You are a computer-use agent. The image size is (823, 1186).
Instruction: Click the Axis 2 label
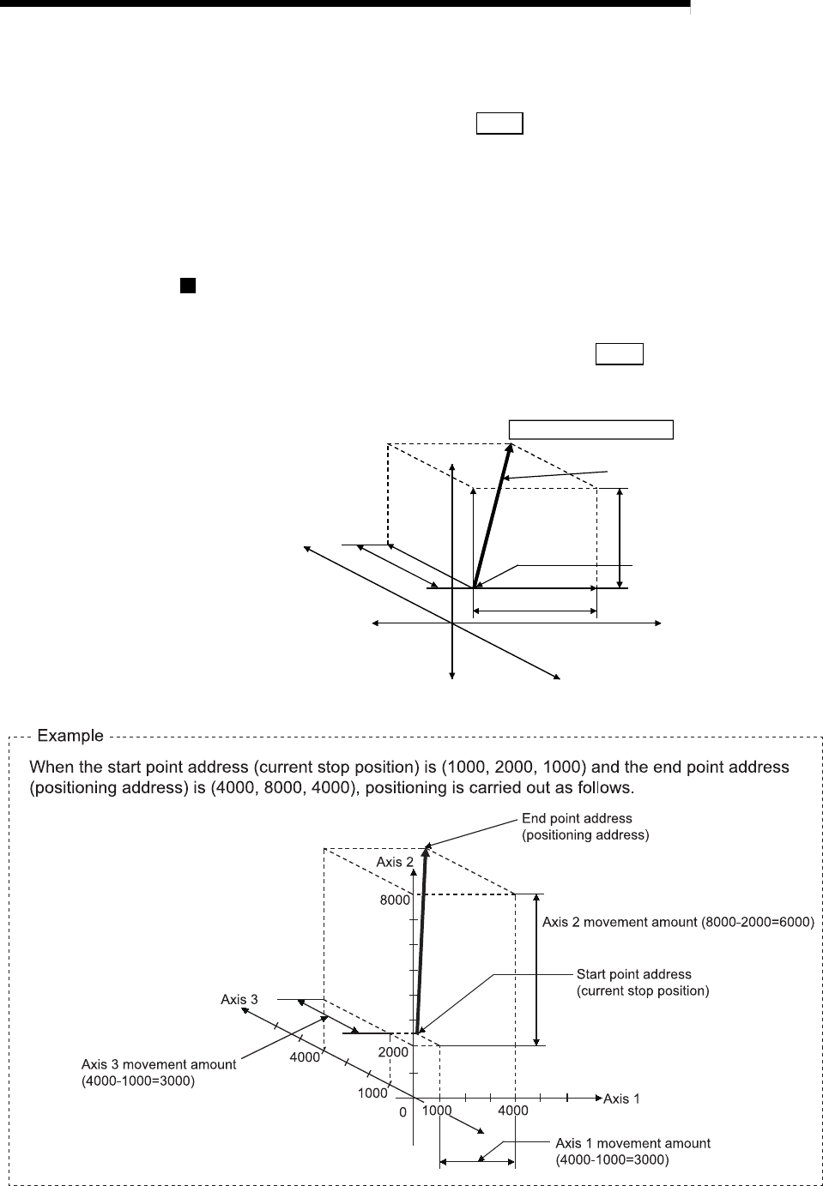(396, 862)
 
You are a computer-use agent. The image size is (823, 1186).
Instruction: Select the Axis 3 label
(239, 999)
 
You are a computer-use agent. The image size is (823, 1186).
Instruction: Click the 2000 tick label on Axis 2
(393, 1051)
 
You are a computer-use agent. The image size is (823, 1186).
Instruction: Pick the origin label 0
(402, 1112)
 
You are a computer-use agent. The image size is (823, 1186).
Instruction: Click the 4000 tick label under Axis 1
(513, 1111)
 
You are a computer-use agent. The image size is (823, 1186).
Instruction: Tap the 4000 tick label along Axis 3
(304, 1057)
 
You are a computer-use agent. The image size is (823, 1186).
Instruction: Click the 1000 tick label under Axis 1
(437, 1111)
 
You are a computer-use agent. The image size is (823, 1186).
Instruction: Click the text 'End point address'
(577, 819)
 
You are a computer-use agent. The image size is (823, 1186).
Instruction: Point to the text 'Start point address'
(633, 974)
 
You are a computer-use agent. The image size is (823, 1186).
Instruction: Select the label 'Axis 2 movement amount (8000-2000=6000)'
(678, 922)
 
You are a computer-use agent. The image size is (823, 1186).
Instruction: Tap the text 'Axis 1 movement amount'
(632, 1143)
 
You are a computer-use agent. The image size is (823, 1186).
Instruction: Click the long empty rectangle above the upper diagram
(591, 429)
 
